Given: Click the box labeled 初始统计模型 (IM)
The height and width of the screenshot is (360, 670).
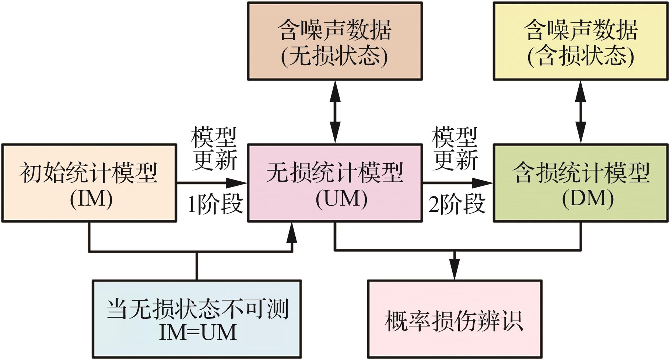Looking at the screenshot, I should click(x=89, y=183).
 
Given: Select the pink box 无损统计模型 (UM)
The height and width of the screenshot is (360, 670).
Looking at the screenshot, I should click(x=335, y=183).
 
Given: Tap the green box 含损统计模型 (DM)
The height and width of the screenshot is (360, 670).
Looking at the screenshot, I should click(x=581, y=183).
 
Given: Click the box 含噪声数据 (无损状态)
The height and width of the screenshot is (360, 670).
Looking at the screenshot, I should click(x=335, y=41).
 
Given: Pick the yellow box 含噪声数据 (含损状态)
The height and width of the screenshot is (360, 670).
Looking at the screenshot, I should click(x=581, y=41).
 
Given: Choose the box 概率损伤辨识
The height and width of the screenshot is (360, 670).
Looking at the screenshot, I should click(x=455, y=319).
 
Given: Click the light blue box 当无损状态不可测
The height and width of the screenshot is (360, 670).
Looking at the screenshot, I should click(x=197, y=319).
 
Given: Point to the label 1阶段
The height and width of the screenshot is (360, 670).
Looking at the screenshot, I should click(x=215, y=204).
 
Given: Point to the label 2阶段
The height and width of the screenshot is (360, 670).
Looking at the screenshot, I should click(x=457, y=204).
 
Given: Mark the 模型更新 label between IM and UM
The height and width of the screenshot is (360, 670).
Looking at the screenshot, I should click(x=214, y=149).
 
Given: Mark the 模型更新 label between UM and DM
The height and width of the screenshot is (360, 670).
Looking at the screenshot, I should click(x=455, y=149).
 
